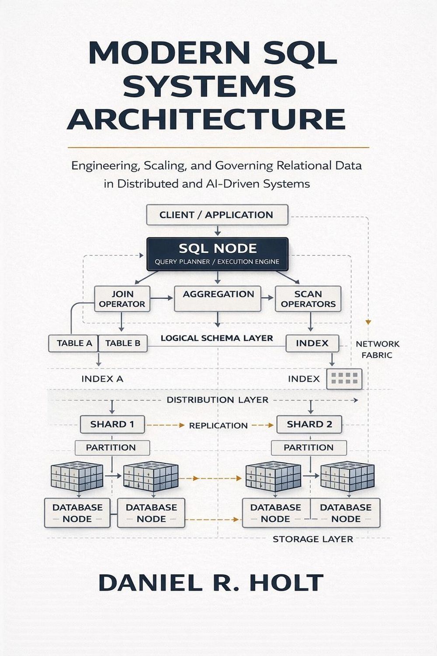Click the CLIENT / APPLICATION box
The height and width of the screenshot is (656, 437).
coord(217,215)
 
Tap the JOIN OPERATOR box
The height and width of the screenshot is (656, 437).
coord(122,299)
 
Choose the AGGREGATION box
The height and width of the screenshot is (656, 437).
coord(218,299)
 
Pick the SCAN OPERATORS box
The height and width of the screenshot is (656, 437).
coord(308,299)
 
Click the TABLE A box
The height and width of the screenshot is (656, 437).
coord(74,343)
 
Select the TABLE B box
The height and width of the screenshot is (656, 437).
coord(123,343)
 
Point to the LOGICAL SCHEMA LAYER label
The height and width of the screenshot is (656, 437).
coord(217,338)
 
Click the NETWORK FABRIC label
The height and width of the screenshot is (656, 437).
coord(377,349)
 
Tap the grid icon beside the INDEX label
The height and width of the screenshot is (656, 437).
coord(344,379)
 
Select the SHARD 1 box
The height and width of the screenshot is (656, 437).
coord(112,424)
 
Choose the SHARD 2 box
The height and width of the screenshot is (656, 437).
coord(309,424)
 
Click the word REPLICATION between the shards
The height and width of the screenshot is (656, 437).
coord(218,426)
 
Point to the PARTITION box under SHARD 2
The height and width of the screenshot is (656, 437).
coord(309,447)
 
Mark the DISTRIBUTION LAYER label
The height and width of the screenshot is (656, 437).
coord(218,400)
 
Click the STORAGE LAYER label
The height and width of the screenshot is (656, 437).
coord(313,539)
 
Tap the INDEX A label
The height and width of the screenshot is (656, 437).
coord(102,379)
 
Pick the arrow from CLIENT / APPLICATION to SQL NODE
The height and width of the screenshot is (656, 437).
coord(218,231)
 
